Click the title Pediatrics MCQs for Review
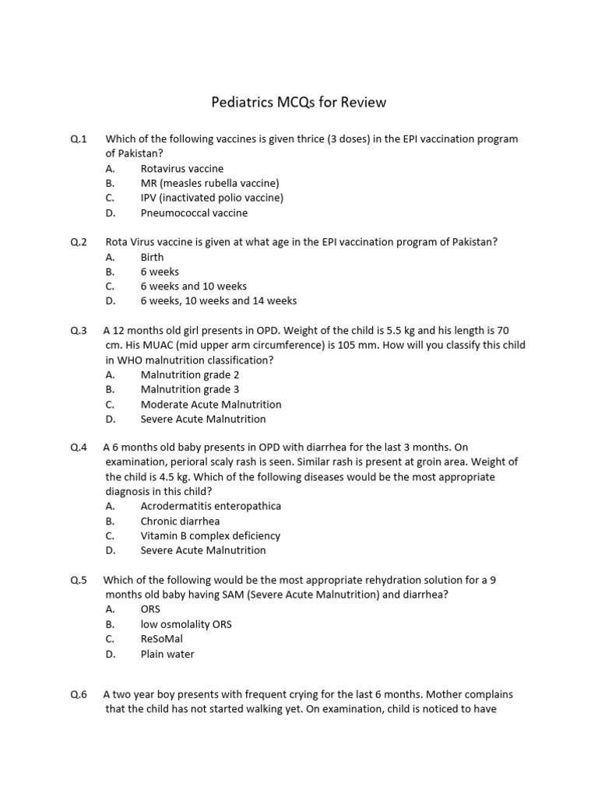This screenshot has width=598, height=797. click(299, 103)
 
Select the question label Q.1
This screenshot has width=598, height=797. click(78, 139)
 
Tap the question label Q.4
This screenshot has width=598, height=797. click(78, 448)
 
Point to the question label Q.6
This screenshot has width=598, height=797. click(78, 694)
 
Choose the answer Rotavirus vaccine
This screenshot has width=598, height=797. click(181, 169)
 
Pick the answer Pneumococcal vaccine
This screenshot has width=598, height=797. click(194, 213)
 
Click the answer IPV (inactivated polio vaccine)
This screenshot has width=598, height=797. click(212, 198)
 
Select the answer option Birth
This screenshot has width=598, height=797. click(152, 258)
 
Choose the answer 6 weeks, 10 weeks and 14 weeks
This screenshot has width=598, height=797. click(218, 301)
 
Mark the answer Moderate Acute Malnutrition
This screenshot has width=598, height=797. click(211, 405)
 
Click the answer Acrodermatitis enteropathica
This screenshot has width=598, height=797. click(210, 507)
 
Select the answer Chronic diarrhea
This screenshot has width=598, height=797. click(180, 521)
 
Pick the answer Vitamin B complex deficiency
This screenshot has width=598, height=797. click(210, 536)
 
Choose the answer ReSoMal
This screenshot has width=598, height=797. click(162, 639)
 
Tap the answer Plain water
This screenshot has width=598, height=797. click(167, 654)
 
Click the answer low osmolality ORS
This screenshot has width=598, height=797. click(186, 624)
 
